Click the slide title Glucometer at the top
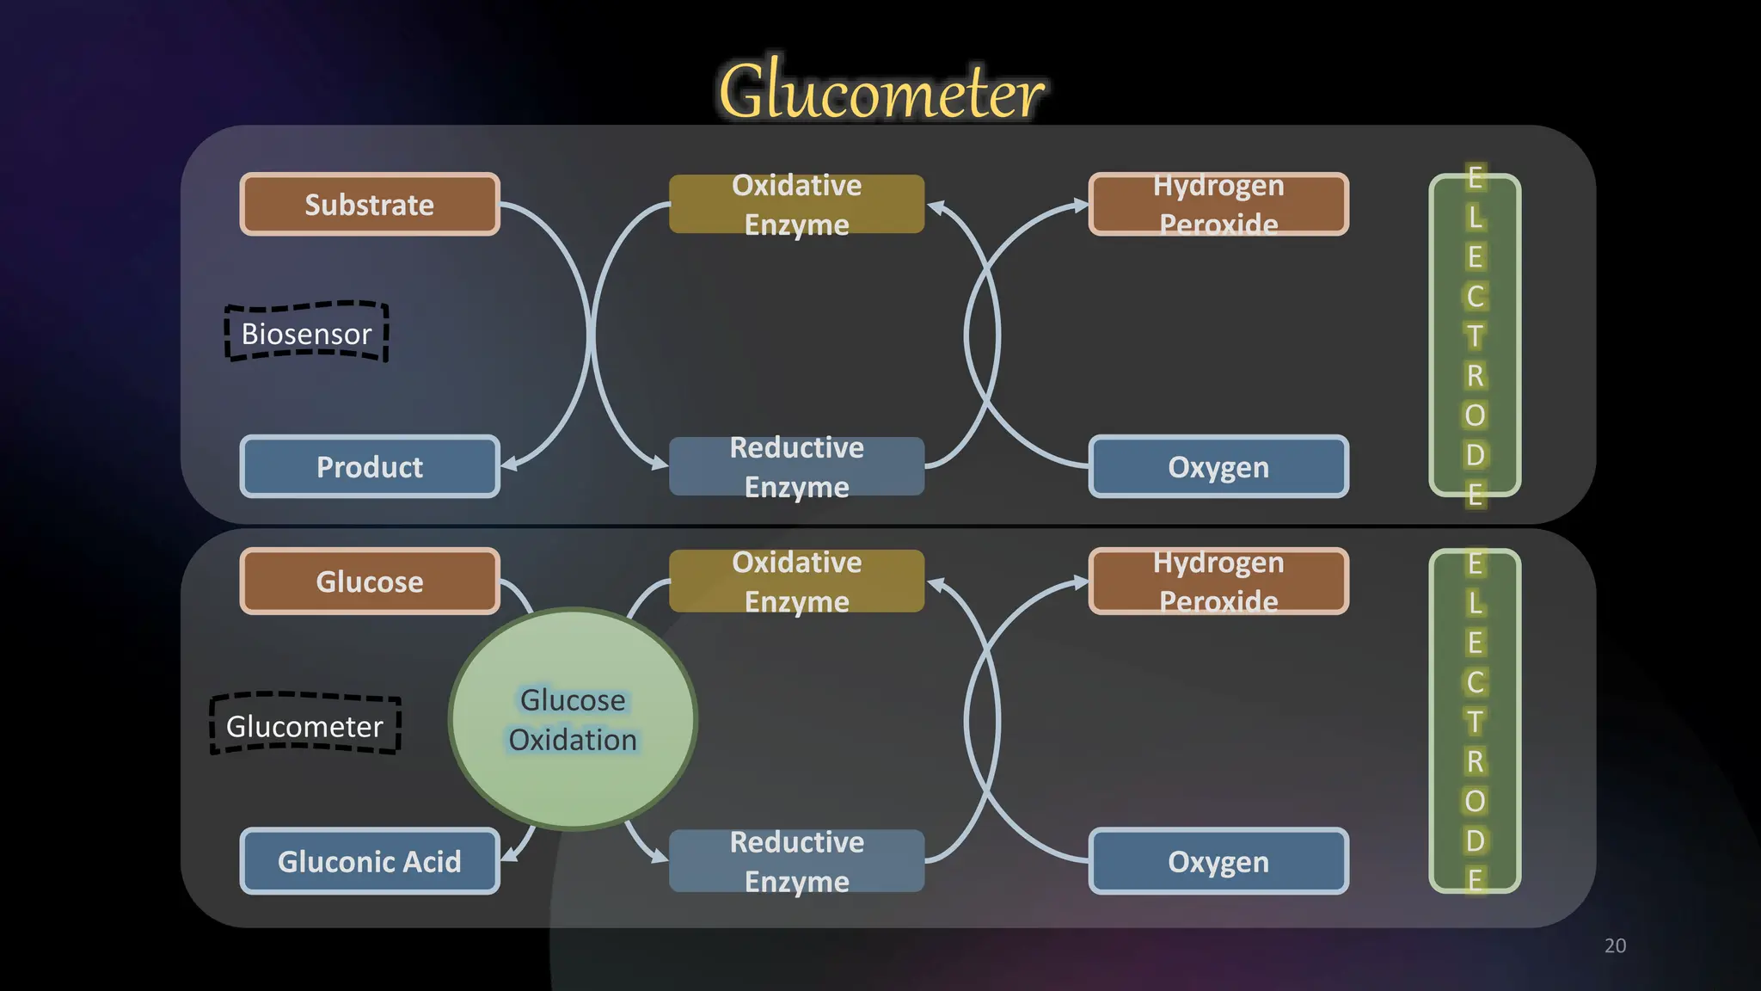click(x=881, y=91)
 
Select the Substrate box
click(x=370, y=205)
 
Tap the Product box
click(x=370, y=466)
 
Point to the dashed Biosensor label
click(x=306, y=333)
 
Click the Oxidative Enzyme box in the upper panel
click(x=796, y=205)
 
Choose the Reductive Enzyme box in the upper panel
click(x=796, y=466)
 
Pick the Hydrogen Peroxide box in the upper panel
click(x=1218, y=205)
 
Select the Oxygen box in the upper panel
click(x=1218, y=466)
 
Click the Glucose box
click(x=370, y=582)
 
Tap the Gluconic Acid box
click(x=370, y=861)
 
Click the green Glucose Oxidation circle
click(x=573, y=719)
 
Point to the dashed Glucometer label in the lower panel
click(x=305, y=725)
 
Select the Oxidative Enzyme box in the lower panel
click(x=796, y=582)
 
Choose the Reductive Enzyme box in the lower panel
click(x=796, y=861)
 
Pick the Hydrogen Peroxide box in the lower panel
click(x=1218, y=582)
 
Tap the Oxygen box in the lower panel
click(x=1218, y=861)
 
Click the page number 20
click(x=1615, y=945)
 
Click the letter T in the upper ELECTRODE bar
click(x=1475, y=336)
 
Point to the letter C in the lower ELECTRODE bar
click(x=1475, y=682)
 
